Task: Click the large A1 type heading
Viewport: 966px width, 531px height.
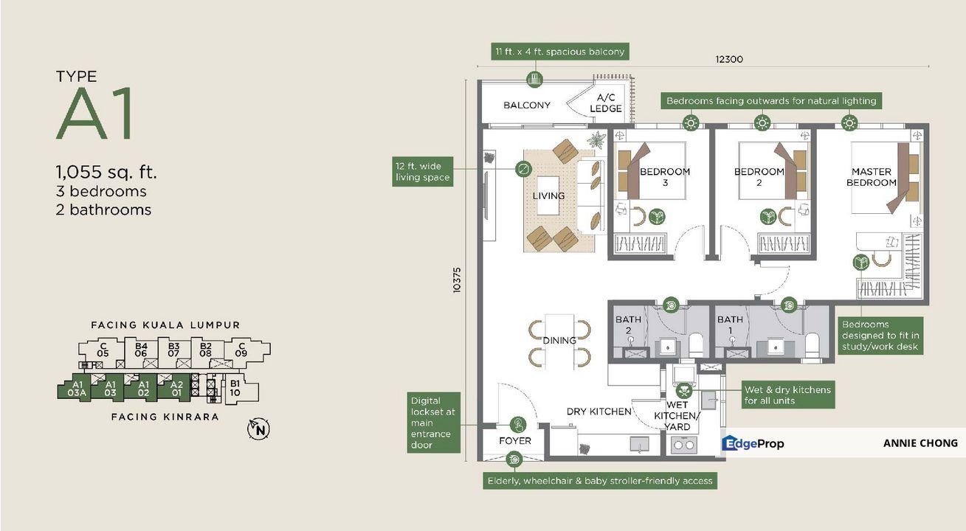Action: point(94,115)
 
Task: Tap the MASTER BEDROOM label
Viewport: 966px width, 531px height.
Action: point(871,177)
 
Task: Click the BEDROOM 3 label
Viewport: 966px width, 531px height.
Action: point(664,177)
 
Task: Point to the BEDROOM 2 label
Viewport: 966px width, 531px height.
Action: point(758,177)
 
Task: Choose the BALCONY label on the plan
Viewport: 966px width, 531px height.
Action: point(526,105)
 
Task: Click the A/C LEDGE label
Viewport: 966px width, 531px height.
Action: point(606,103)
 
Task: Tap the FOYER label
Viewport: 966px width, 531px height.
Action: point(514,441)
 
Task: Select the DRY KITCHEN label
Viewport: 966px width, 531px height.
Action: point(598,412)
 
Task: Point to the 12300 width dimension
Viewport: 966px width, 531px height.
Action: point(728,60)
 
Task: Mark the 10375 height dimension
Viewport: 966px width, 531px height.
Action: point(457,281)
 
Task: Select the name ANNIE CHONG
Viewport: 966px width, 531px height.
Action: point(920,443)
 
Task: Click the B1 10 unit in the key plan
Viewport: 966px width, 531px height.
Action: point(235,388)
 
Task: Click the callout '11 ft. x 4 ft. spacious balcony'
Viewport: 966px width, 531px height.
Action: point(559,52)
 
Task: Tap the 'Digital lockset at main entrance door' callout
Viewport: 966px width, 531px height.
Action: point(435,423)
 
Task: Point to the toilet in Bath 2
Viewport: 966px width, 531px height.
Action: point(695,344)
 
